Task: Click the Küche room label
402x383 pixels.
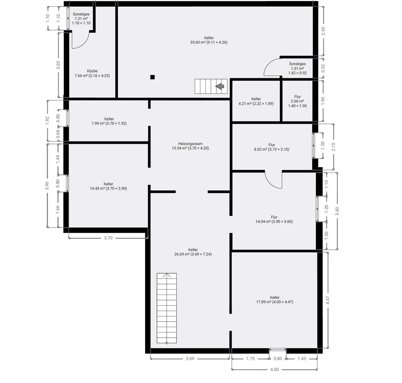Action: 92,71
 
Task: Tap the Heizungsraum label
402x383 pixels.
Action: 190,144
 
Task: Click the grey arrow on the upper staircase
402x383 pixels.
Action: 220,86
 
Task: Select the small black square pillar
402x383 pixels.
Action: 152,77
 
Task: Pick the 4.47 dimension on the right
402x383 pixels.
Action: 328,300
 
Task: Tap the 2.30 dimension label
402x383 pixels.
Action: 323,31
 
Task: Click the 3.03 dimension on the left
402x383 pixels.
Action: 58,65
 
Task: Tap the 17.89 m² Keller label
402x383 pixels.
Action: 274,299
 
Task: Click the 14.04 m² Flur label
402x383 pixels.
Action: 274,219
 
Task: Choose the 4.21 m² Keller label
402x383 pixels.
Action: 256,101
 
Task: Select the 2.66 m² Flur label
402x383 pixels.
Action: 297,101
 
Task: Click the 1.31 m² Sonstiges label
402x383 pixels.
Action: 297,68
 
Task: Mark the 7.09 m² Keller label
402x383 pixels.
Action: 109,121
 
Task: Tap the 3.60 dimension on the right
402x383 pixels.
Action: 337,211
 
